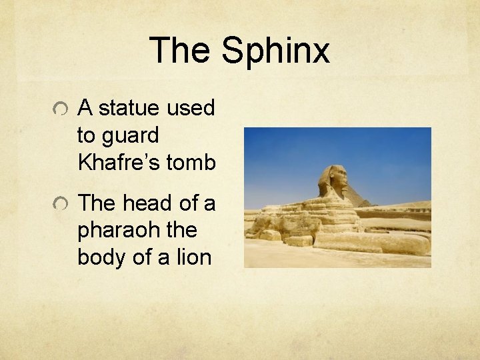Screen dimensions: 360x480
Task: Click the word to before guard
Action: pyautogui.click(x=86, y=136)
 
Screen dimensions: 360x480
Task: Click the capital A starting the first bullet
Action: pyautogui.click(x=85, y=107)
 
